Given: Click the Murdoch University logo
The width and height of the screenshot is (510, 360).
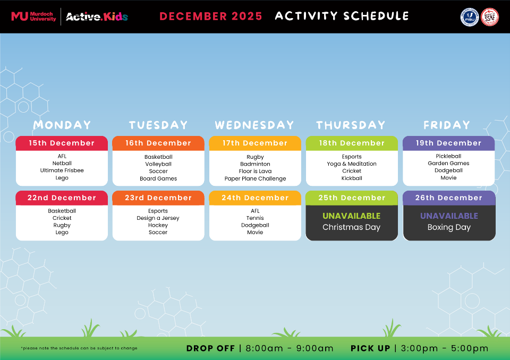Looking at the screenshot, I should click(33, 16).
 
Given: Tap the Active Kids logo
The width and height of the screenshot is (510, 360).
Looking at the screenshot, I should click(97, 16).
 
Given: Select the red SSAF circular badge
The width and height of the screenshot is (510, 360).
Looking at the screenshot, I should click(489, 16).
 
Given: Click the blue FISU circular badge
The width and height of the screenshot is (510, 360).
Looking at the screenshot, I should click(469, 16).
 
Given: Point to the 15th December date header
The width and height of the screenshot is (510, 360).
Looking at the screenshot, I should click(62, 143).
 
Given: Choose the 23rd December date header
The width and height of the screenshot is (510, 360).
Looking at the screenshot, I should click(158, 198).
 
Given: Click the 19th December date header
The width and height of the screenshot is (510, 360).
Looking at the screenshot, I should click(448, 143).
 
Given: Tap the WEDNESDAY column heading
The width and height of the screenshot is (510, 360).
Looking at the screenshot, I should click(254, 125).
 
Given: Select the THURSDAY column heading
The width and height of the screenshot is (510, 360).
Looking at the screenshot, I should click(351, 125).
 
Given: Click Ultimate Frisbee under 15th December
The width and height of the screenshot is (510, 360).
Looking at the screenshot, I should click(62, 171).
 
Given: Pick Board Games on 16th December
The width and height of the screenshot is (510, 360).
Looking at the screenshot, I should click(158, 179).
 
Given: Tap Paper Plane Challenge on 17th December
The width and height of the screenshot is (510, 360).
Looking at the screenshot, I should click(255, 179).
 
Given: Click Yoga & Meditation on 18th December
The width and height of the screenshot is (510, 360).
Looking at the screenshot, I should click(352, 164).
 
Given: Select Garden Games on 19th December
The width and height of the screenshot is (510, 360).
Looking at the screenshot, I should click(448, 164).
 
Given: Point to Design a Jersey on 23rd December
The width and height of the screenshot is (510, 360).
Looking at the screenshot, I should click(158, 218).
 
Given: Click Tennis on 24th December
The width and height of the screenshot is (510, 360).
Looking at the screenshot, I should click(255, 218).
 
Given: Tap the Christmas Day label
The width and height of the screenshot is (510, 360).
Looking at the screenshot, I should click(352, 227).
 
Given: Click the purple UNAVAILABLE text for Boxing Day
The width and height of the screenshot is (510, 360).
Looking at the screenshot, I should click(449, 216).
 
